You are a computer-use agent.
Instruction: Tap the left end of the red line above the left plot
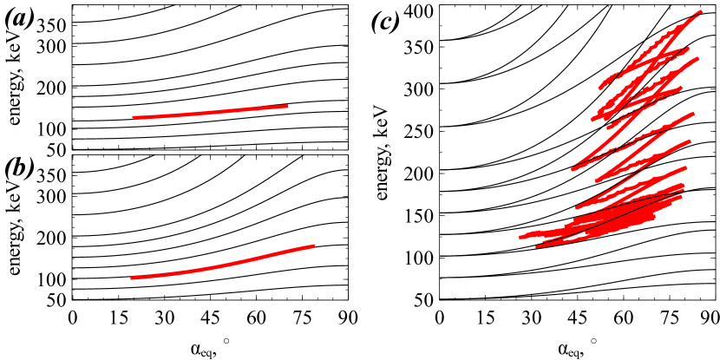point(134,117)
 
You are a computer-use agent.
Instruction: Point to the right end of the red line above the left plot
point(287,107)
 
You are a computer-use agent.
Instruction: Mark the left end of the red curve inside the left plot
point(132,278)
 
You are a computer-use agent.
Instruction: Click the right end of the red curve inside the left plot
point(313,246)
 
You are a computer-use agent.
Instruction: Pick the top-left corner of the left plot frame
point(72,155)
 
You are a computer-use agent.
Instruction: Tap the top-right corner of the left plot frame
point(348,155)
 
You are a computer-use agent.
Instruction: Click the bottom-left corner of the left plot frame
point(72,299)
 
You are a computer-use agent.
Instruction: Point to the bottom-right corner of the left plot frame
point(348,299)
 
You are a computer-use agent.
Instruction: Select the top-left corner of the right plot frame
point(440,5)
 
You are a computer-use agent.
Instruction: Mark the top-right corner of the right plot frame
point(715,5)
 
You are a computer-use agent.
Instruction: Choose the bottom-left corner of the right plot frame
point(440,299)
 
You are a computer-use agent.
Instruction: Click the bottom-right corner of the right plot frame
point(715,299)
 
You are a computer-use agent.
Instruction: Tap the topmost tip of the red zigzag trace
point(700,12)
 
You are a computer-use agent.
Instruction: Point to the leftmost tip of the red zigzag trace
point(520,237)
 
